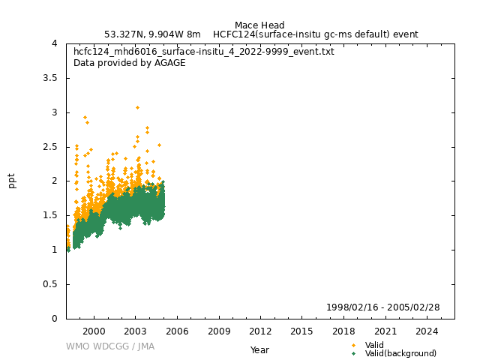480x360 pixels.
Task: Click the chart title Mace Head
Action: [259, 25]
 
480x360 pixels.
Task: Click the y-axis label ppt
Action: [12, 181]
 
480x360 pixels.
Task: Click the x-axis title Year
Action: [259, 349]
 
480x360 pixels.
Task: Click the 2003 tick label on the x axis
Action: [135, 331]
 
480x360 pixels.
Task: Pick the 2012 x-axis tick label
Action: [260, 331]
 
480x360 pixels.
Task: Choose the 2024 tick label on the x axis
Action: [427, 331]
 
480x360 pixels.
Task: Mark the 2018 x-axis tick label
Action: [343, 331]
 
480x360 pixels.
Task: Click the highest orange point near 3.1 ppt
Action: [137, 107]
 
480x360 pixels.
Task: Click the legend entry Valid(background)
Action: [400, 353]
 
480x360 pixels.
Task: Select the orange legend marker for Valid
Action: [353, 345]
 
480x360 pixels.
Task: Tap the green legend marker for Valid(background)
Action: [353, 353]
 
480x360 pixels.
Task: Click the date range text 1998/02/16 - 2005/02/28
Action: [382, 307]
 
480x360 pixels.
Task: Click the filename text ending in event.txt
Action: [204, 52]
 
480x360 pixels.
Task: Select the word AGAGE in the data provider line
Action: [170, 63]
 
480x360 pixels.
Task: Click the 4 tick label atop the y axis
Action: [55, 43]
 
